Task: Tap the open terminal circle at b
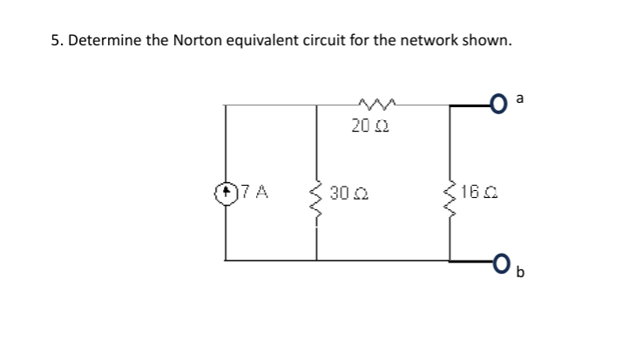click(x=500, y=260)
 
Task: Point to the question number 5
click(x=54, y=42)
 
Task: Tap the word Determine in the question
click(x=101, y=42)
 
